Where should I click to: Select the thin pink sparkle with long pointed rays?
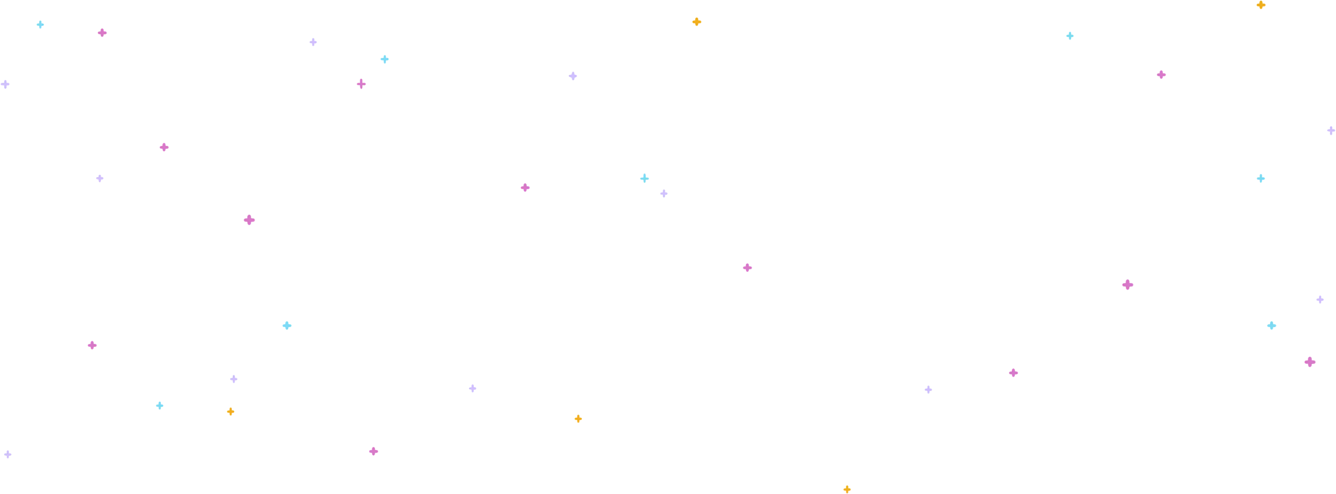coord(361,84)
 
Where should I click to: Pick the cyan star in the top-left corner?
coord(40,24)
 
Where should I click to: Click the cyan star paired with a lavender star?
coord(645,178)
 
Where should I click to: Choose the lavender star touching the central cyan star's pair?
coord(664,193)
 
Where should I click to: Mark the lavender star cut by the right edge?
coord(1331,130)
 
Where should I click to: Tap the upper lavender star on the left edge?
coord(5,83)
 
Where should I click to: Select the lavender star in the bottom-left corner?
coord(7,455)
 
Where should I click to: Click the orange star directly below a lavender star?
coord(230,412)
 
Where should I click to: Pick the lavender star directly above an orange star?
coord(233,378)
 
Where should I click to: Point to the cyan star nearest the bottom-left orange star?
coord(160,406)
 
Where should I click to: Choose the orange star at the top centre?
coord(697,21)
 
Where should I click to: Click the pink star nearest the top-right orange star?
coord(1162,74)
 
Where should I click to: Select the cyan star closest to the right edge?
coord(1272,326)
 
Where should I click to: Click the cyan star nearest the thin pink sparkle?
coord(384,58)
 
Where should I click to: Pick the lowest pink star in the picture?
coord(374,451)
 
